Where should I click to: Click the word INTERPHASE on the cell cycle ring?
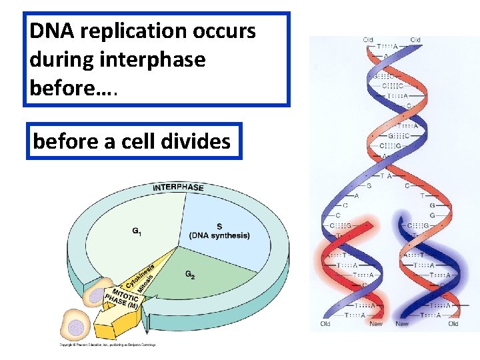click(178, 187)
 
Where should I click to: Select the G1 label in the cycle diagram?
click(136, 231)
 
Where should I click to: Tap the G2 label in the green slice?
click(191, 274)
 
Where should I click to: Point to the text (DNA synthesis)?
click(219, 235)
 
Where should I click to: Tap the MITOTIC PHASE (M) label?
click(120, 302)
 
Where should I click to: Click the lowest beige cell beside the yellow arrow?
click(77, 327)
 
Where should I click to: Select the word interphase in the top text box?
click(154, 59)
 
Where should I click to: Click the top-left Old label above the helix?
click(368, 40)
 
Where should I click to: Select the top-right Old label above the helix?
click(415, 40)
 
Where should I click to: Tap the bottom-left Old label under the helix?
click(325, 324)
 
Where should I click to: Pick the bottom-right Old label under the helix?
click(453, 324)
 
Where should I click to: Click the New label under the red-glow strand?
click(377, 324)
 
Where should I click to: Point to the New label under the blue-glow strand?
click(402, 324)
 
